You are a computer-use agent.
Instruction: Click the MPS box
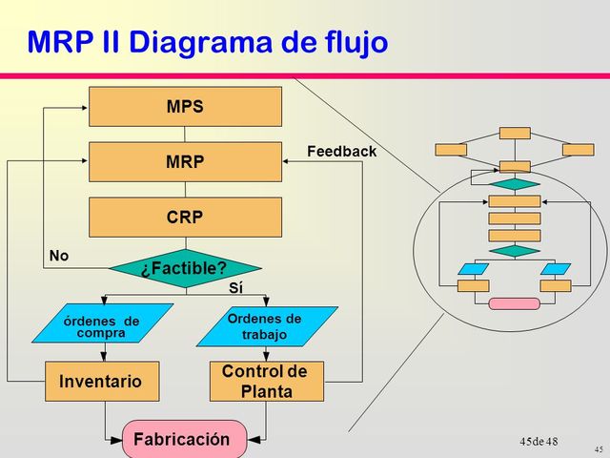tap(185, 107)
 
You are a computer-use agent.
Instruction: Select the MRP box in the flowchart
tap(185, 162)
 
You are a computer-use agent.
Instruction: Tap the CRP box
tap(185, 217)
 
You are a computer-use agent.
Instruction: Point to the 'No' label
tap(58, 256)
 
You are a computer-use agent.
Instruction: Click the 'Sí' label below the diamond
tap(236, 286)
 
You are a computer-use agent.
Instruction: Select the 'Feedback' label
tap(341, 152)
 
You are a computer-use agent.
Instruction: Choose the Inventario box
tap(100, 382)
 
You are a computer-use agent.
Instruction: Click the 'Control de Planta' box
tap(265, 382)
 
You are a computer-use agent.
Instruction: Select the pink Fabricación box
tap(184, 440)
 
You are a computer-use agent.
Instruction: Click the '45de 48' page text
tap(539, 441)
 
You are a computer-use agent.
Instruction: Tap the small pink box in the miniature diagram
tap(514, 303)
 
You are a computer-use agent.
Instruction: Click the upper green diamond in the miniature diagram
tap(515, 183)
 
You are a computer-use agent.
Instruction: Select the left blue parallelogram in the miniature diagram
tap(473, 269)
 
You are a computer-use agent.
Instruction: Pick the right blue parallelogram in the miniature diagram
tap(555, 269)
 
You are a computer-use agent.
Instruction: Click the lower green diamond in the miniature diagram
tap(515, 251)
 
